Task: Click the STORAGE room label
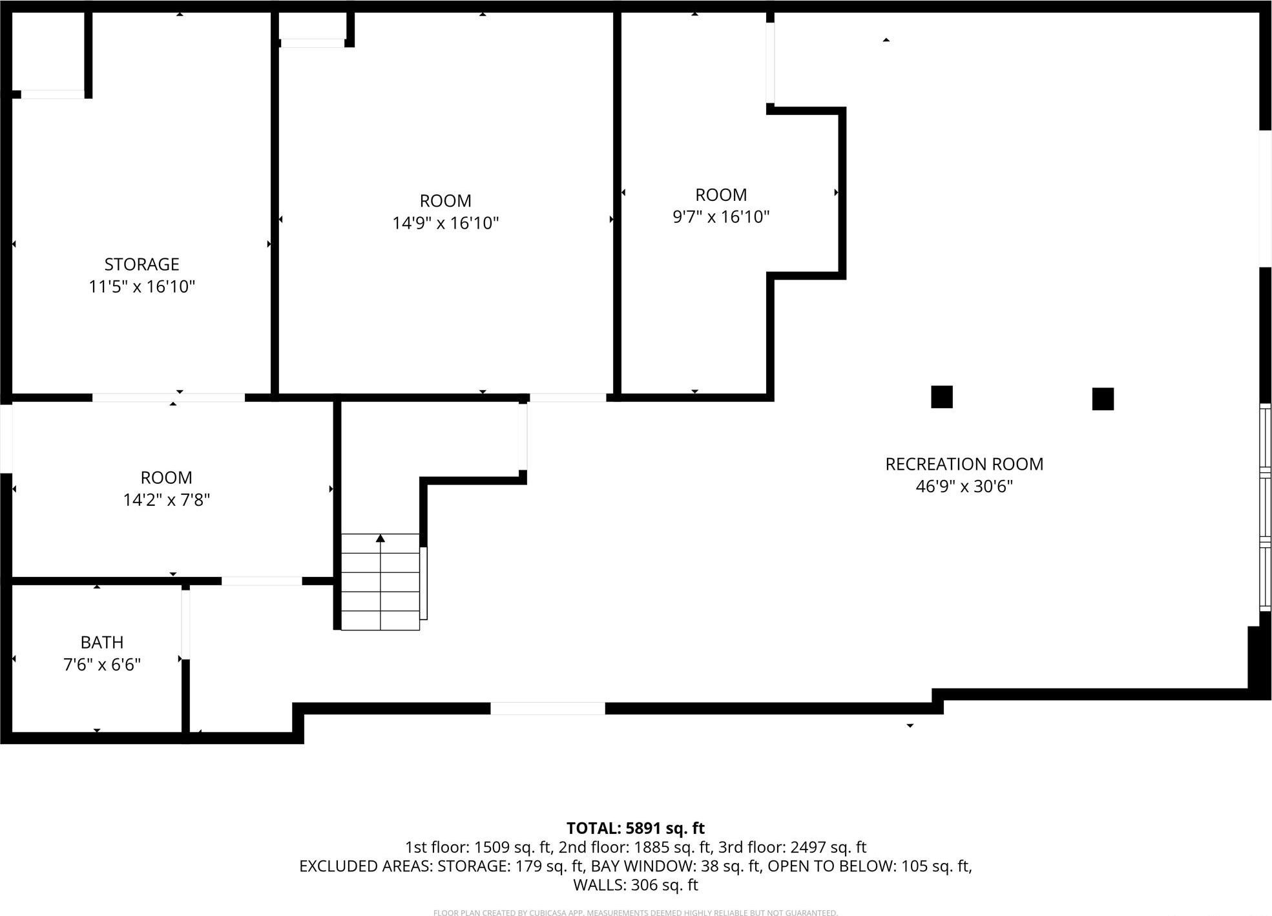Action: (x=141, y=264)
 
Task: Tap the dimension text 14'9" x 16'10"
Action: (x=445, y=224)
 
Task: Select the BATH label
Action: (x=102, y=642)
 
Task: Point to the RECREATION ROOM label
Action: (x=964, y=464)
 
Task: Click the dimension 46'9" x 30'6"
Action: (x=964, y=486)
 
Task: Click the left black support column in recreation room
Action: (x=941, y=397)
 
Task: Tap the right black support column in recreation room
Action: (x=1103, y=399)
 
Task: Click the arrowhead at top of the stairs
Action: (x=381, y=538)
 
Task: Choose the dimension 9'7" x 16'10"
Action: (x=721, y=217)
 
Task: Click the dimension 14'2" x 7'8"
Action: (x=167, y=500)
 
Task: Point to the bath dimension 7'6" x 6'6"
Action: (x=102, y=665)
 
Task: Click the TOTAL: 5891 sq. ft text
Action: (x=635, y=828)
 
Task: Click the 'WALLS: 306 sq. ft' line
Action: (x=635, y=885)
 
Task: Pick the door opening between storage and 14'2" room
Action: (x=168, y=397)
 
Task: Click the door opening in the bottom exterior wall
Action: (x=547, y=708)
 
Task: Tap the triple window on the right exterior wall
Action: (x=1265, y=507)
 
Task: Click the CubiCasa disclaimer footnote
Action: (x=635, y=912)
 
